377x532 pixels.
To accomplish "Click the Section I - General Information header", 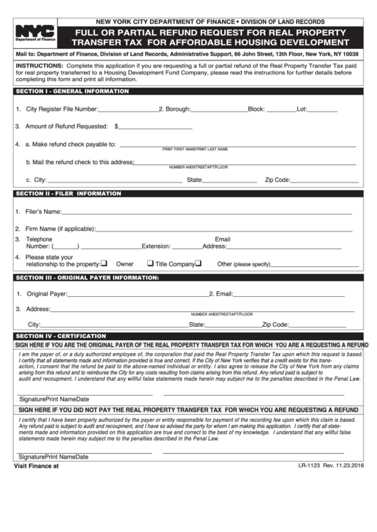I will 72,92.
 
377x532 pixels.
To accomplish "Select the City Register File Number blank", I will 127,109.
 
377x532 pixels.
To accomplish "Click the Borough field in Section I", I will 219,109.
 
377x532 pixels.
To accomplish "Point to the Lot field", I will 323,109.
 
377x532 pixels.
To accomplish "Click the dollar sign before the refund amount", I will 116,126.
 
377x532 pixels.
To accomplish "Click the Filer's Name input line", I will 206,212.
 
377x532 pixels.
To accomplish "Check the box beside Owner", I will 104,264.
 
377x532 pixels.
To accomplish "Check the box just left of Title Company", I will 151,264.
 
